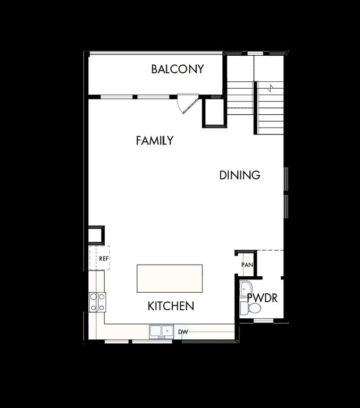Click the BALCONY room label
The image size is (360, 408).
point(177,69)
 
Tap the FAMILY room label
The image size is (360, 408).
point(154,141)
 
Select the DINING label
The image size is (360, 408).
point(240,175)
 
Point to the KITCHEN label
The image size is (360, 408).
point(170,306)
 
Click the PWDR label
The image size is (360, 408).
point(262,298)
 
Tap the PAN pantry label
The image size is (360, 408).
point(247,265)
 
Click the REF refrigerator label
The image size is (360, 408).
point(103,259)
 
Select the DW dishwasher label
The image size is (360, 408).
point(183,332)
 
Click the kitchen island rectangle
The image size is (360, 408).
point(170,278)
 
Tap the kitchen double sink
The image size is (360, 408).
point(162,331)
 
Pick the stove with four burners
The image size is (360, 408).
point(97,302)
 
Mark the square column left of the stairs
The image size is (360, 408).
point(214,113)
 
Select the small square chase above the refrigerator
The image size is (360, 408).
point(96,234)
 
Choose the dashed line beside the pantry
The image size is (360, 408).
point(270,250)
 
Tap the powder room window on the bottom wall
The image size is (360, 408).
point(263,320)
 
